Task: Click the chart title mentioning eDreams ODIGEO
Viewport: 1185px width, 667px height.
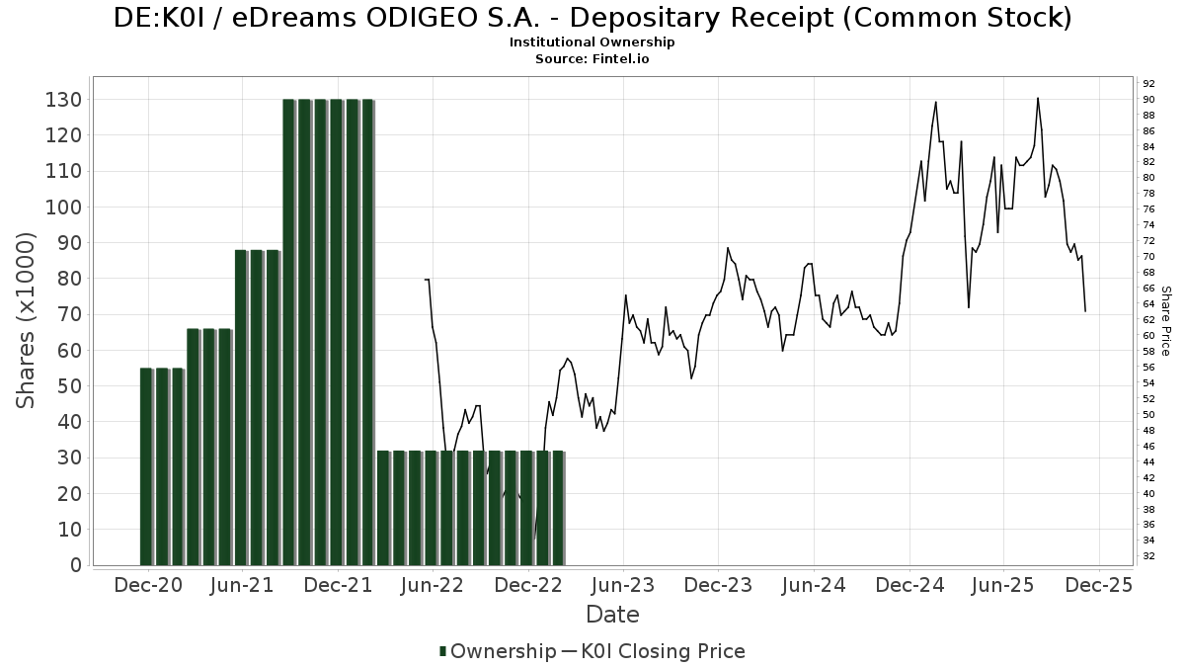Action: pos(592,17)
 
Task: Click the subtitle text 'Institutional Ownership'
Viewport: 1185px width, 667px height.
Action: pos(592,42)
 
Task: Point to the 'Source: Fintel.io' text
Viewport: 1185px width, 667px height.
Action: pos(592,59)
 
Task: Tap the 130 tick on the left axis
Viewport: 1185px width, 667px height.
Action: pos(63,100)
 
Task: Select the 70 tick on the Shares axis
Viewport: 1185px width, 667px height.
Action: pos(68,315)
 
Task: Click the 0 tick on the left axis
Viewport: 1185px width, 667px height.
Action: pos(74,565)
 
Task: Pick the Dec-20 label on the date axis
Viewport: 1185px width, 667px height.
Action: pos(148,585)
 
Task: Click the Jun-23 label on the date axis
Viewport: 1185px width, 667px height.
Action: pos(623,585)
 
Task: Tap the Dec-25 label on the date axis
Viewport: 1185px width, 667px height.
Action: pos(1099,585)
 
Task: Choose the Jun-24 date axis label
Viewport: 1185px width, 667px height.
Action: pos(814,585)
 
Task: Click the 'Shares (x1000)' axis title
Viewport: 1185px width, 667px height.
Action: pos(27,321)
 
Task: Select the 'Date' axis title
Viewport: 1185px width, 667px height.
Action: pos(612,615)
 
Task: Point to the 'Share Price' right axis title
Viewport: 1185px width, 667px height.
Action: pos(1166,321)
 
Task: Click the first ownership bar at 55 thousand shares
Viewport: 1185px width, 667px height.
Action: pos(146,464)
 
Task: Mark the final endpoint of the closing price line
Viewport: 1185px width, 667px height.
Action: pos(1085,311)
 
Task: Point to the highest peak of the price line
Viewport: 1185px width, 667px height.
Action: pos(1037,98)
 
